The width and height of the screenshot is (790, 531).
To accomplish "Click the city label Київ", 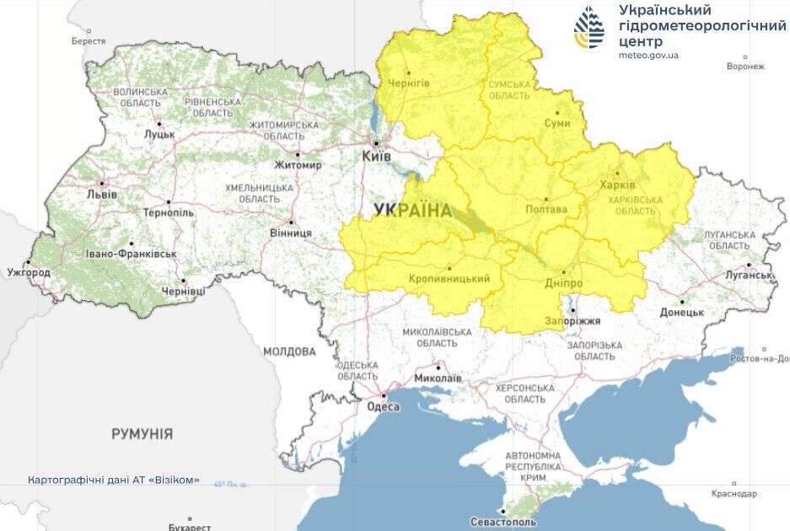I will (375, 157).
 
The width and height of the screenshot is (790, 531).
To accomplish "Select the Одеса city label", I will (383, 406).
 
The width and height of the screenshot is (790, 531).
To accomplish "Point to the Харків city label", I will (624, 185).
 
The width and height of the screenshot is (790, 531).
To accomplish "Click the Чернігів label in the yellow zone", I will (408, 83).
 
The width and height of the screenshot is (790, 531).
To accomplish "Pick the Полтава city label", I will (545, 209).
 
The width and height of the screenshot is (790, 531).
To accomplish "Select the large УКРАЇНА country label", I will (412, 211).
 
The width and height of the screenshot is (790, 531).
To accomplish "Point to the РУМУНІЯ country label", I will (142, 434).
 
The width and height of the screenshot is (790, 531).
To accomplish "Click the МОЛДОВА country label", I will (289, 351).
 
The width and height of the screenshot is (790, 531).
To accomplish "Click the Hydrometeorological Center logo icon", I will (588, 27).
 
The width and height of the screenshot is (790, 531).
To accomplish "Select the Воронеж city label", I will (744, 66).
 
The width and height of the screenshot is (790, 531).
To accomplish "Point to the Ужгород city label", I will (29, 272).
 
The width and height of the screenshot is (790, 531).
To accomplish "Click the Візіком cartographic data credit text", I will (113, 480).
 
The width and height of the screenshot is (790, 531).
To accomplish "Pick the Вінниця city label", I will (290, 233).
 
